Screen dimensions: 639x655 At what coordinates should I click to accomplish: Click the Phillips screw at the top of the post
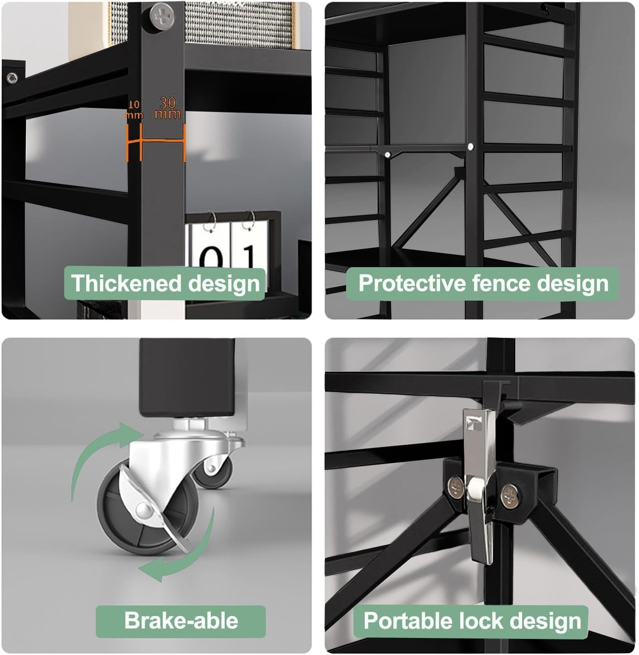click(162, 16)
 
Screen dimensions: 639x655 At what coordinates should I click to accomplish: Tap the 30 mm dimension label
click(168, 108)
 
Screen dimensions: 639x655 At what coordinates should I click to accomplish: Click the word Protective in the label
click(412, 283)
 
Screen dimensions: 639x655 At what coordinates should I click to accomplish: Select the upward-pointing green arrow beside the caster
click(98, 451)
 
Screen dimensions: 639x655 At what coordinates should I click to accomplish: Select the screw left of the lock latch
click(456, 487)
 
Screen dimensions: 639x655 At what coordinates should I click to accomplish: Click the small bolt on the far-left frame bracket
click(12, 78)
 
